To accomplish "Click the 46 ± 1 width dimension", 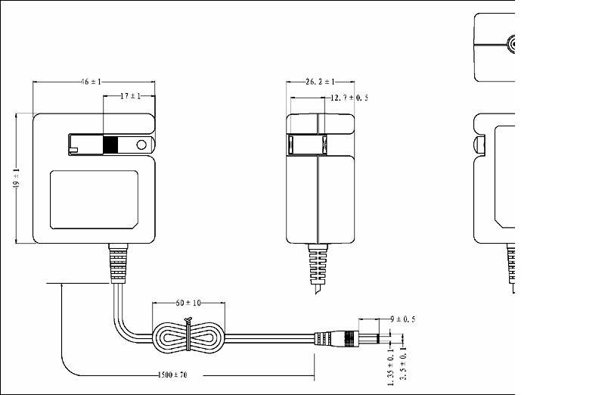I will click(x=91, y=81).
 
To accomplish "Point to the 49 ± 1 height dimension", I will click(x=16, y=179).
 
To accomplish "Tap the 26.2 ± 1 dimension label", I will click(x=321, y=81).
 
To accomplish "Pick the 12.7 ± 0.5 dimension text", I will click(x=350, y=98).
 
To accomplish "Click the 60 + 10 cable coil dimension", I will click(x=188, y=303).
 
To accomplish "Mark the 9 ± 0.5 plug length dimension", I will click(x=403, y=319).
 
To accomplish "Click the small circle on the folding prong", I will click(x=141, y=145).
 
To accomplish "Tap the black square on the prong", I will click(x=111, y=145).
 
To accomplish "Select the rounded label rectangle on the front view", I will click(x=95, y=201).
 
